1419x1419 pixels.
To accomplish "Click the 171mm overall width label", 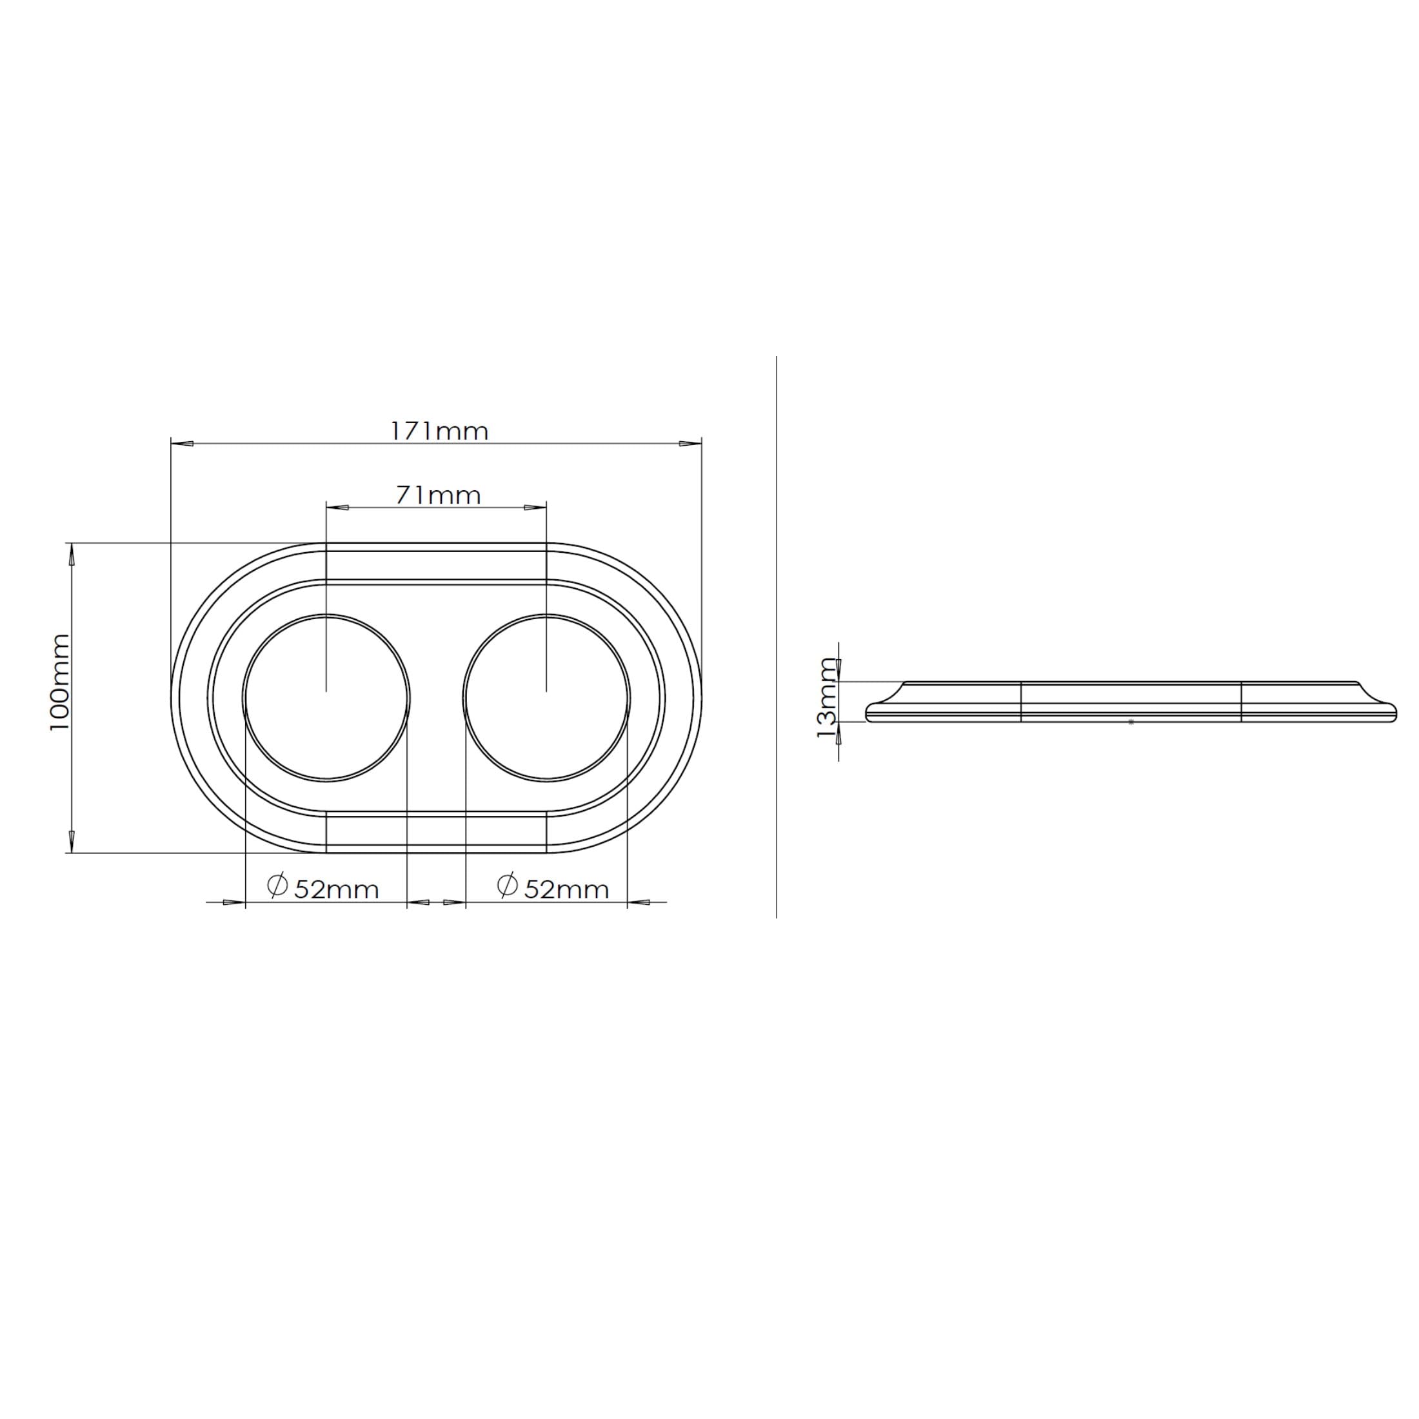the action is [x=439, y=431].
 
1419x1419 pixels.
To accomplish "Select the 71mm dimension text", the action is [x=439, y=496].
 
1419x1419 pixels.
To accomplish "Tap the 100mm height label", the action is [x=59, y=682].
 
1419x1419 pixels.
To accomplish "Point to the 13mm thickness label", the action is [x=828, y=699].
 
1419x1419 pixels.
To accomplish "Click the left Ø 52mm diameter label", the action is [x=323, y=888].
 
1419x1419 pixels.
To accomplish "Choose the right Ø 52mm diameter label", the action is [x=553, y=888].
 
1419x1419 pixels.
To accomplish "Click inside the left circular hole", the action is [x=326, y=697].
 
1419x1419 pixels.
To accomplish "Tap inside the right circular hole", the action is [x=546, y=697].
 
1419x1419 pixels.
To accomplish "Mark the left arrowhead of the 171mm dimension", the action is [x=182, y=444].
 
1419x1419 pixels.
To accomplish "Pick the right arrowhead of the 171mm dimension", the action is [x=690, y=444].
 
